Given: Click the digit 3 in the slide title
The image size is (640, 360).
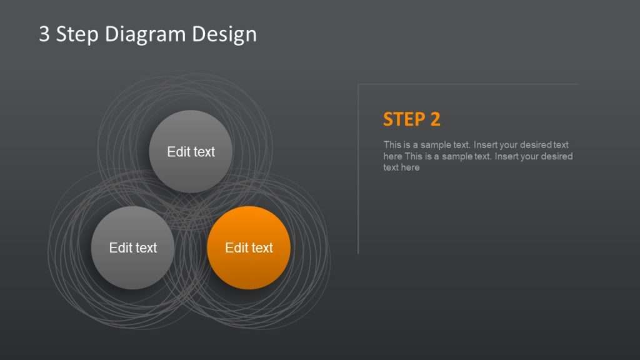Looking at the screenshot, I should (44, 34).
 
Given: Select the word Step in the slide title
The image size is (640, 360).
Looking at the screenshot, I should (77, 34).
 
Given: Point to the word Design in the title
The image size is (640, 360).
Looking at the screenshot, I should (224, 35).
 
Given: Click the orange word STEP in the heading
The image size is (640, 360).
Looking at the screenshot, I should (403, 119).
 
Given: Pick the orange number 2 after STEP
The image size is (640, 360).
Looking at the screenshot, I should (436, 119).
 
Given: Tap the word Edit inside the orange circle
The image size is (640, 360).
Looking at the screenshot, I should (236, 248).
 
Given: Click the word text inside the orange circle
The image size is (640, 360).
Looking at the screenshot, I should (262, 248).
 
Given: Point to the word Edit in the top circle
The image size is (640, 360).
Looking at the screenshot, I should (179, 152).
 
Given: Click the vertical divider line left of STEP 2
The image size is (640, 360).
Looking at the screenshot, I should (358, 187).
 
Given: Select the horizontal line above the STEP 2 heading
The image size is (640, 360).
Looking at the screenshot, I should (469, 84).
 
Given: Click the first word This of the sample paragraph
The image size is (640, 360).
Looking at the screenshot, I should (392, 145).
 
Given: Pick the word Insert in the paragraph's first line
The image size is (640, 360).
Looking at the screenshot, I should (474, 145).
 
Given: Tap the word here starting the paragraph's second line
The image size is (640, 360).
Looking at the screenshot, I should (392, 156).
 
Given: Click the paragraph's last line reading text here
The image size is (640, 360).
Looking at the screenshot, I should (401, 167).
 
